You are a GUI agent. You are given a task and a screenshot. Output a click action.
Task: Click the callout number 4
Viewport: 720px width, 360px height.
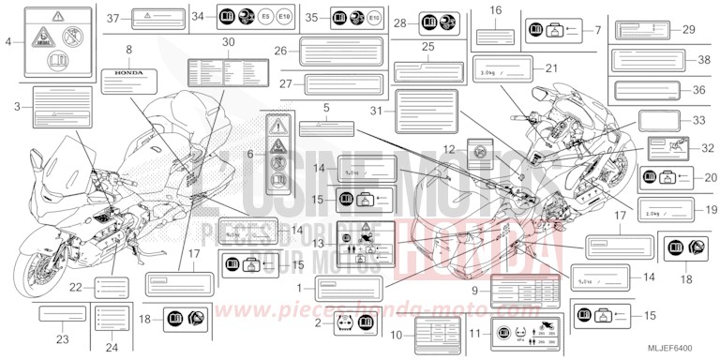pos(9,42)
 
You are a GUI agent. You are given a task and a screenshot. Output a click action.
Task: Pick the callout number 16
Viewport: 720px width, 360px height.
pos(496,10)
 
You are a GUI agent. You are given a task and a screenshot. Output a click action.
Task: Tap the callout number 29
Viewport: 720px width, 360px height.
pos(689,31)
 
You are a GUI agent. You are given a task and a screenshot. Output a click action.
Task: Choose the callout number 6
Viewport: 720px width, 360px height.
pos(249,153)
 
